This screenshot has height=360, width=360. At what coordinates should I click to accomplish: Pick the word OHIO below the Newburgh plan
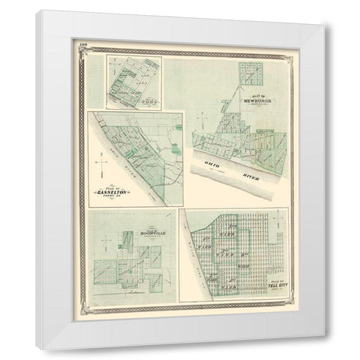pos(211,163)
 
